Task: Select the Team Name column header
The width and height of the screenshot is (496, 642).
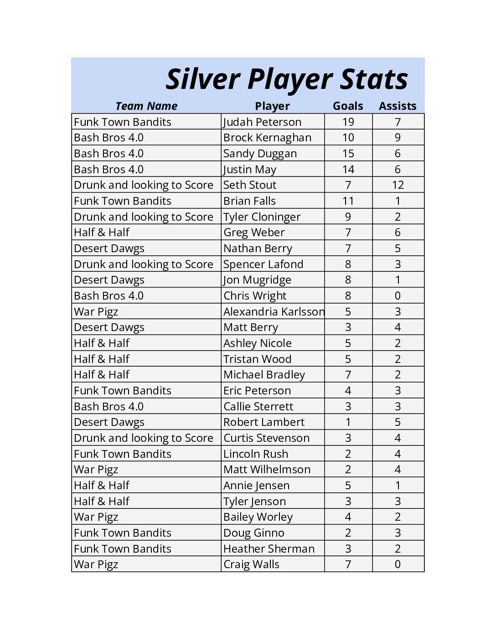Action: click(x=146, y=106)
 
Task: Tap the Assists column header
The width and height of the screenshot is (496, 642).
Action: click(x=398, y=106)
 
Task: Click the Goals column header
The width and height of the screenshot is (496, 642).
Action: click(x=348, y=106)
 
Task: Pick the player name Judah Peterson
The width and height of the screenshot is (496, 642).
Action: click(x=262, y=122)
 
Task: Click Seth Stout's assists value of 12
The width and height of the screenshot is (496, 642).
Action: click(x=398, y=185)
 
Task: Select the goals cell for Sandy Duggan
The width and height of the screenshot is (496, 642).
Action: click(x=348, y=154)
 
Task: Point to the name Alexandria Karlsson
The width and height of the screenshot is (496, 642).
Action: click(x=274, y=312)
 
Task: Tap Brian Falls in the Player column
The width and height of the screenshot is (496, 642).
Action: click(x=249, y=201)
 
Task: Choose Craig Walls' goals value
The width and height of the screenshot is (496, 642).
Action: click(x=348, y=564)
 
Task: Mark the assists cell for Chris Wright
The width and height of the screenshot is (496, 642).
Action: click(x=398, y=296)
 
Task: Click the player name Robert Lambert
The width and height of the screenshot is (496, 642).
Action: click(x=264, y=422)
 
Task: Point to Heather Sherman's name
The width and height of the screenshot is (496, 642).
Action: click(x=269, y=549)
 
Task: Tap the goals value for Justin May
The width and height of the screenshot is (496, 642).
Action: click(x=348, y=170)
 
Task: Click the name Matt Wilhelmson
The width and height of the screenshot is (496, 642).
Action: click(x=267, y=470)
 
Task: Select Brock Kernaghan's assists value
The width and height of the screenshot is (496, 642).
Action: click(x=398, y=138)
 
